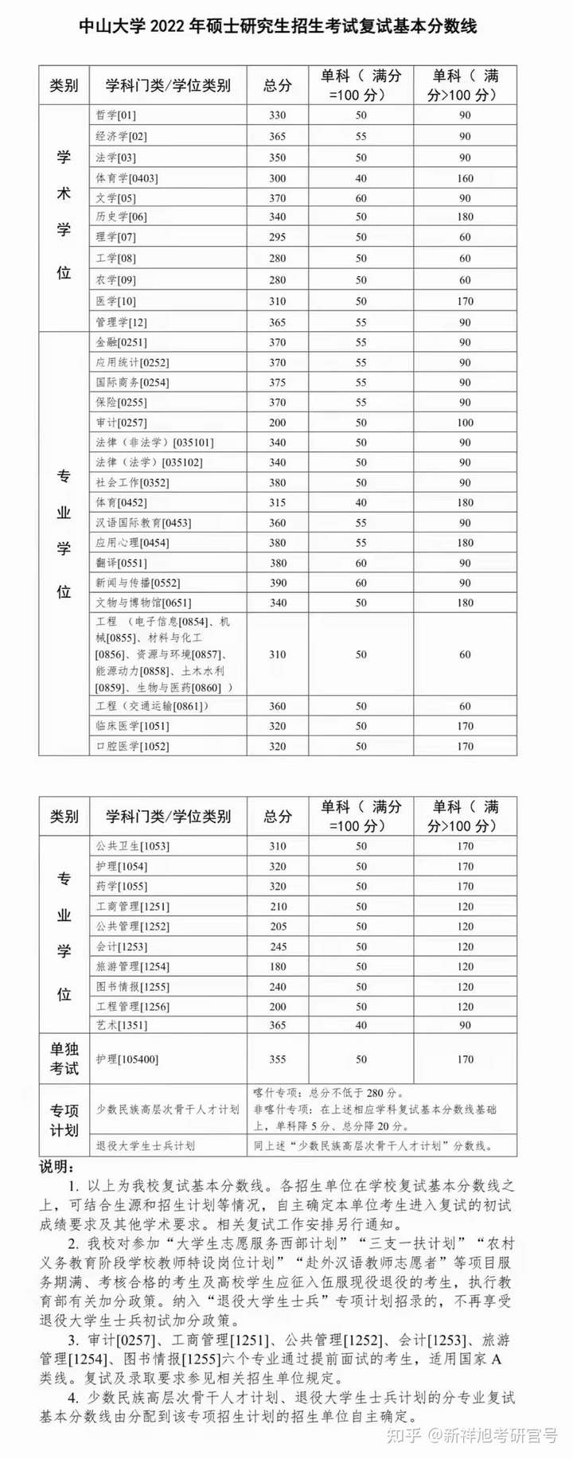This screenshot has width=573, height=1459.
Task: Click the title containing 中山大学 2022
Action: (278, 26)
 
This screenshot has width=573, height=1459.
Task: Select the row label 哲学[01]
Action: (116, 115)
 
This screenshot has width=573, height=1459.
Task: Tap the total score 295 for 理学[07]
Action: (277, 237)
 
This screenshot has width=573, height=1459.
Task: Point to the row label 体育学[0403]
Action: (127, 178)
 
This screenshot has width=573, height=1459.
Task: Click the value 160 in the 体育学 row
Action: (465, 178)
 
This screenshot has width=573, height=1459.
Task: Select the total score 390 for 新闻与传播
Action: (277, 583)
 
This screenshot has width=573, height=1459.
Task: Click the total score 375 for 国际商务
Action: (277, 382)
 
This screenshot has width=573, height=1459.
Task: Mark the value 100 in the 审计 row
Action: (465, 423)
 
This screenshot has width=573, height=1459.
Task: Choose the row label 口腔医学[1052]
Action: (132, 746)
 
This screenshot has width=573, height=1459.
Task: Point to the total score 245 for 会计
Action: (277, 946)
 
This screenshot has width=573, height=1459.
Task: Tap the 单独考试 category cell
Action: (64, 1059)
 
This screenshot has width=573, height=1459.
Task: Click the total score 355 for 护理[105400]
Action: (277, 1059)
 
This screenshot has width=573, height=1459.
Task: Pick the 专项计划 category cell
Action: (64, 1120)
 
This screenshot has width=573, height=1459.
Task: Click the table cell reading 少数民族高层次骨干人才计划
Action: (167, 1109)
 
